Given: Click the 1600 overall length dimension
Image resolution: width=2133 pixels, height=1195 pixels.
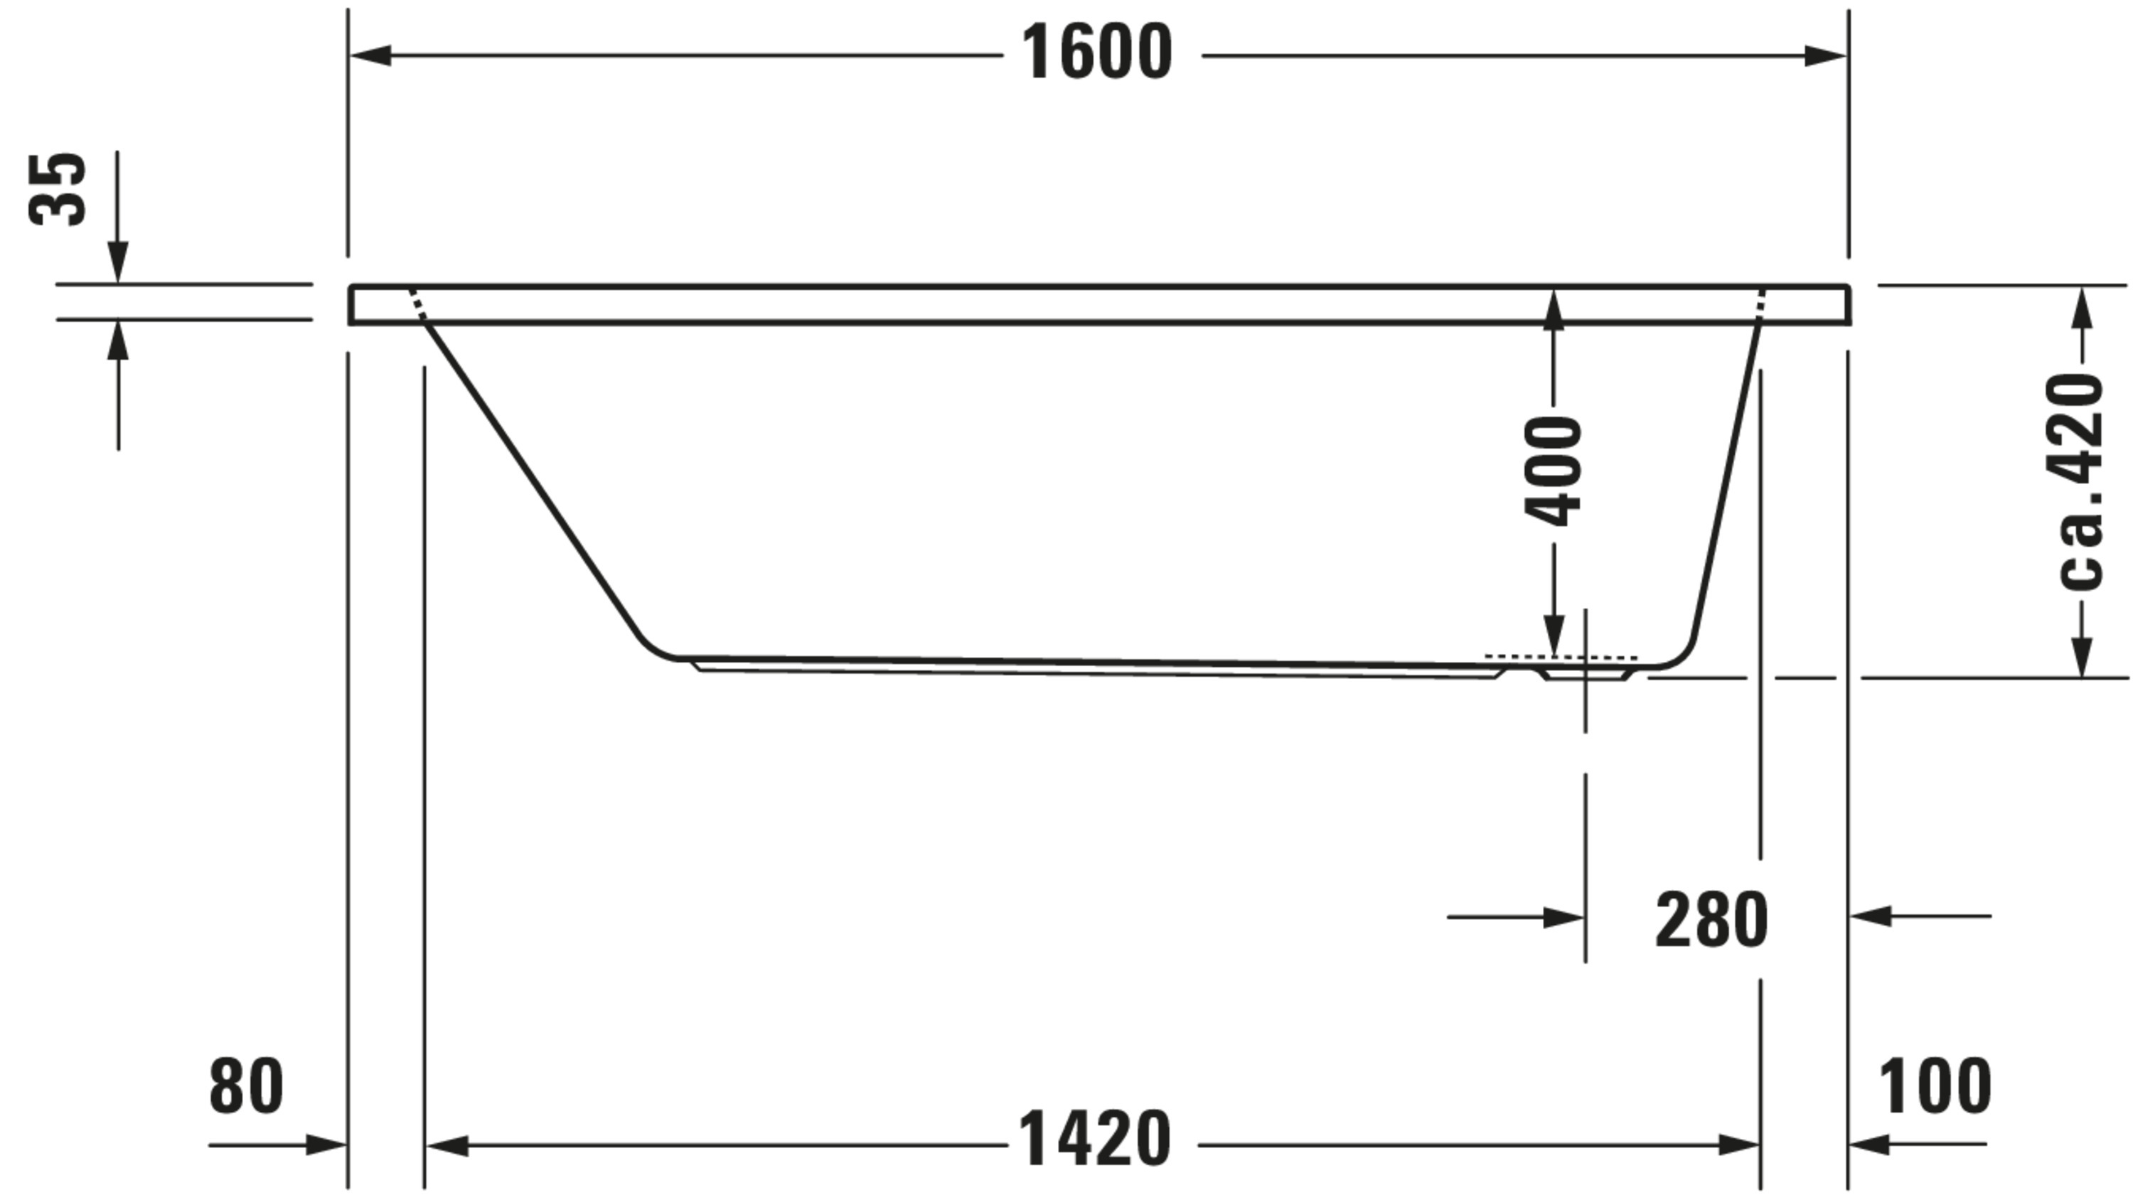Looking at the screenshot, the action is (1097, 53).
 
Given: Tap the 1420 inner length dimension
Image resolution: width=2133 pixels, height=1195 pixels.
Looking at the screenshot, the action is (1095, 1139).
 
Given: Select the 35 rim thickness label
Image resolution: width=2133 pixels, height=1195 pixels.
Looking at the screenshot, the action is (57, 189).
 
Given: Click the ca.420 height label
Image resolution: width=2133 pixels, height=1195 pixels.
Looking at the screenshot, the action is (2079, 481).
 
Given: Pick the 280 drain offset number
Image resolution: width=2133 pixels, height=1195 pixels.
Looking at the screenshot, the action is (1711, 920).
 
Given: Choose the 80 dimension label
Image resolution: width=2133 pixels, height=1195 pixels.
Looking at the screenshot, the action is (246, 1086).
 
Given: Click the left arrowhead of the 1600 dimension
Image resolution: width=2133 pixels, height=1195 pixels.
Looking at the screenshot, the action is (370, 56).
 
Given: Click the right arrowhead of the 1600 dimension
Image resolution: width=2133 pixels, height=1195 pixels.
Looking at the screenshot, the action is (1826, 56).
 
